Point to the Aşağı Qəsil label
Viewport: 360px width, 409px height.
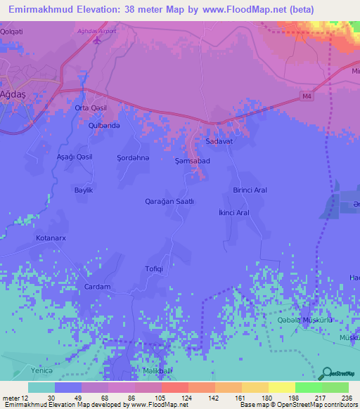pos(75,157)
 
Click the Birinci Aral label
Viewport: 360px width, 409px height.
pos(250,190)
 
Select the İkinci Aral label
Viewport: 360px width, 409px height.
pos(234,212)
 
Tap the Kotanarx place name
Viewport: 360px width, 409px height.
pos(51,238)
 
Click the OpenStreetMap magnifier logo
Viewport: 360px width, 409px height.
pos(326,372)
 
